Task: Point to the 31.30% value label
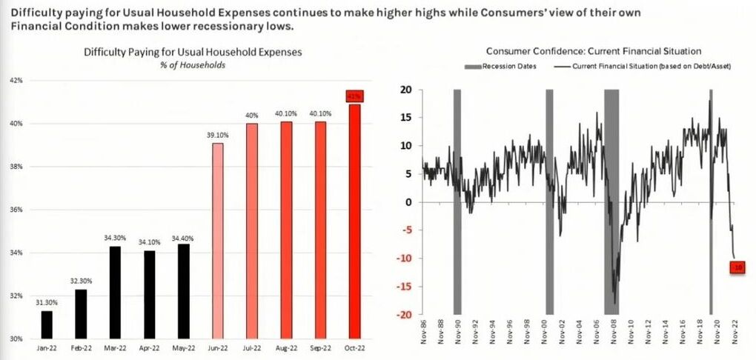click(x=47, y=303)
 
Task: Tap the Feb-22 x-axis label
click(x=82, y=347)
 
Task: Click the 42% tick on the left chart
click(x=16, y=80)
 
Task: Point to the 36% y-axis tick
click(x=16, y=210)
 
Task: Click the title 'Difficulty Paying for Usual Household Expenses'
click(x=193, y=52)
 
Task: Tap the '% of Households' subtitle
click(x=193, y=65)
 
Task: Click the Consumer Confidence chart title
click(x=593, y=51)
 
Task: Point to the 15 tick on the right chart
click(x=407, y=118)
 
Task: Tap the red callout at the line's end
click(x=737, y=267)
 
